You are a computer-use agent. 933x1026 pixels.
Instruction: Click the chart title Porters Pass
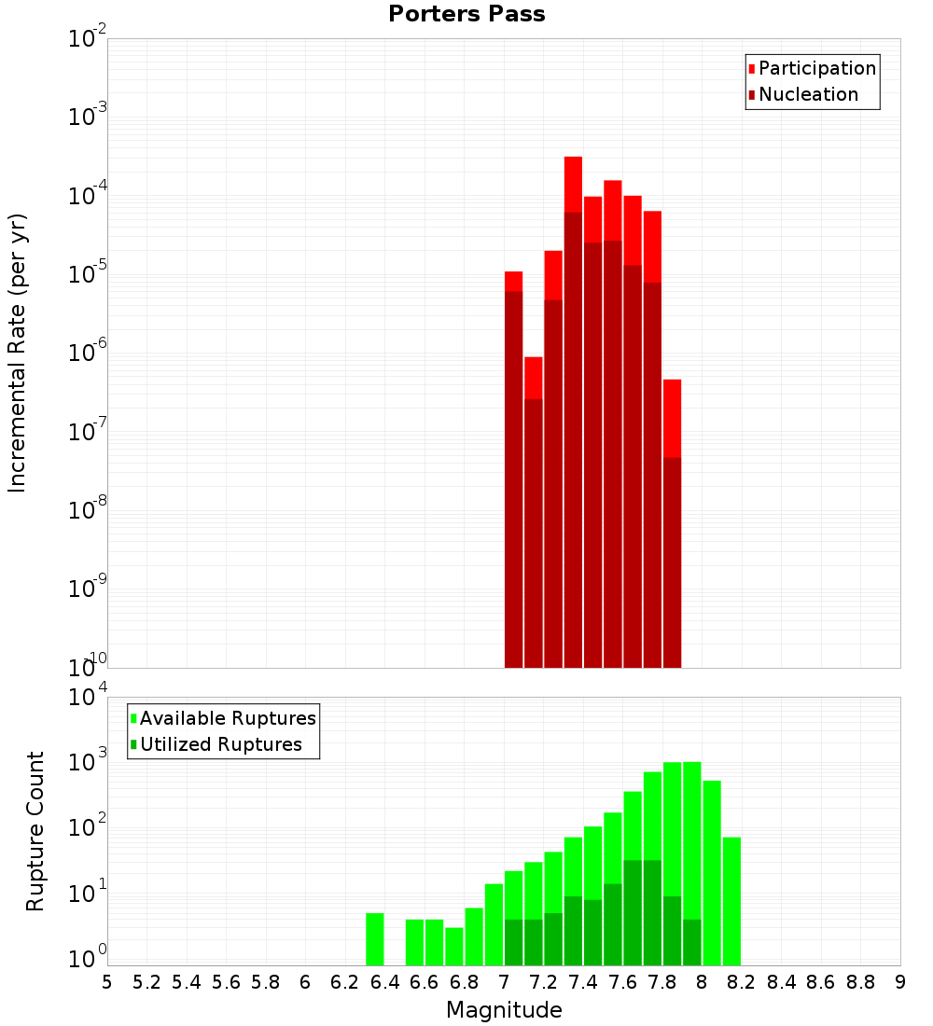click(466, 14)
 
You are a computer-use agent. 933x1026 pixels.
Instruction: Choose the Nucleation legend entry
click(808, 94)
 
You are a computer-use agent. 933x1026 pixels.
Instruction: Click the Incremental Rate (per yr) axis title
click(18, 354)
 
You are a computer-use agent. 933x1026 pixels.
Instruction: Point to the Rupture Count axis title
click(35, 831)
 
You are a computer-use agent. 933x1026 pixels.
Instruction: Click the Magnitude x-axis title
click(504, 1010)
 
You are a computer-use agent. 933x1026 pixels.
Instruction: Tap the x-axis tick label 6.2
click(344, 982)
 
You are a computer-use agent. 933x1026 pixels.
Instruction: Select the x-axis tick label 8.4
click(781, 982)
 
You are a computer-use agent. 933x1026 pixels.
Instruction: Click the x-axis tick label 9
click(899, 982)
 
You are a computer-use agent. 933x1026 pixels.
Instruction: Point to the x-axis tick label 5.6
click(226, 982)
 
